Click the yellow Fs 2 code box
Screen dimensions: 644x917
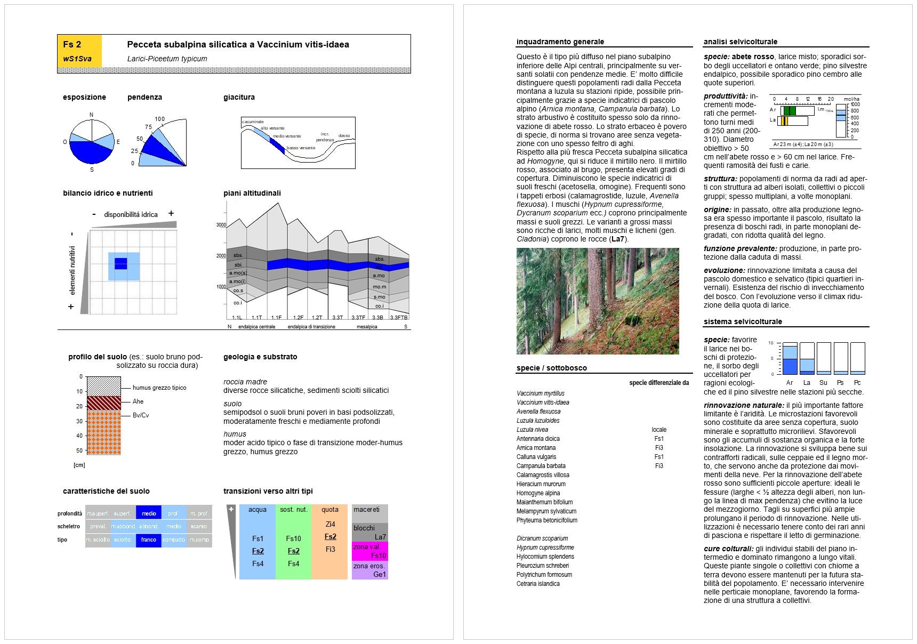click(x=79, y=51)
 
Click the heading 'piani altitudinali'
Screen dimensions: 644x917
click(x=252, y=193)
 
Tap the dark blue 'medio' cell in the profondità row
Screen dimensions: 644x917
click(x=149, y=513)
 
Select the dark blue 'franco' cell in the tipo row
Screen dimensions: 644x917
click(x=149, y=540)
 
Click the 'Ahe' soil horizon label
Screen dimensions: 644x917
click(x=138, y=401)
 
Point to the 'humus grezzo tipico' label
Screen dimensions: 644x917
click(x=159, y=388)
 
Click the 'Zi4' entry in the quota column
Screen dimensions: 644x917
click(x=330, y=524)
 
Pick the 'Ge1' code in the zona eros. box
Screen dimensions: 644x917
click(x=380, y=574)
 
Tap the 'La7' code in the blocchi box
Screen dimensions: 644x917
click(x=380, y=537)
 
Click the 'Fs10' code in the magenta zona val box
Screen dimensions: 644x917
click(x=379, y=556)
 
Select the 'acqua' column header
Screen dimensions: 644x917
click(x=257, y=510)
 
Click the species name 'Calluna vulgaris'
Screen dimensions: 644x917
click(x=536, y=457)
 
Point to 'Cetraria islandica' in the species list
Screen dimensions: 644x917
click(x=538, y=584)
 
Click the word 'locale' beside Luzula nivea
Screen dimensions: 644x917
click(x=659, y=430)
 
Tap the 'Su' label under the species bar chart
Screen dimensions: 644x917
click(x=823, y=383)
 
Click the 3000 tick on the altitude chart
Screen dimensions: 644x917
click(x=221, y=225)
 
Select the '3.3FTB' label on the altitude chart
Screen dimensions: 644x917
click(x=399, y=317)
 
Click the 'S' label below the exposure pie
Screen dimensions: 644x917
click(x=92, y=170)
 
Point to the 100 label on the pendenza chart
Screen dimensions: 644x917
click(x=160, y=119)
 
